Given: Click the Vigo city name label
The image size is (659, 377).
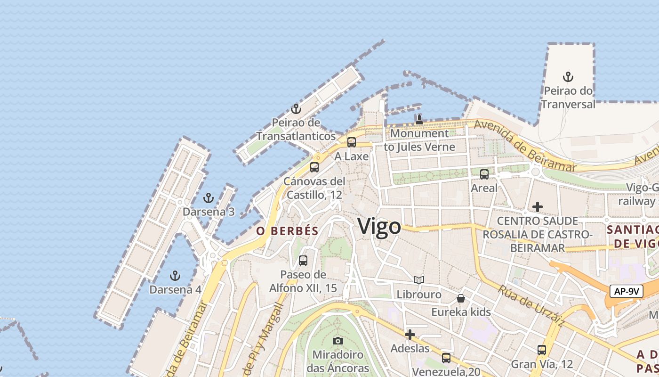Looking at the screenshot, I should [379, 227].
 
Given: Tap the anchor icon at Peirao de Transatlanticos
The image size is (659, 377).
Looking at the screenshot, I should [296, 109].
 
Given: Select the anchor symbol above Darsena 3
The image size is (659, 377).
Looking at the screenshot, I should [208, 198].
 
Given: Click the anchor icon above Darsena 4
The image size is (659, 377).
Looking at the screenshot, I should [175, 276].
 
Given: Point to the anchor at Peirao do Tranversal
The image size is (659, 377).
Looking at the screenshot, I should [568, 77].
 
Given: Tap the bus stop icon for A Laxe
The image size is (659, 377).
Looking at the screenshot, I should [352, 142].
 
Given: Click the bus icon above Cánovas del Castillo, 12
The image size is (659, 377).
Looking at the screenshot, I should [314, 167].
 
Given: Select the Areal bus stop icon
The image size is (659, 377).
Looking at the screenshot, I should [484, 174].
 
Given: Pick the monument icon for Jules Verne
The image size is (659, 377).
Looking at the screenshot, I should [419, 120].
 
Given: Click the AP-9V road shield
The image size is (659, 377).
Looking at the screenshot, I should [627, 291].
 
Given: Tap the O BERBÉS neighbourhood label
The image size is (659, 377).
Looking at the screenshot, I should [287, 231].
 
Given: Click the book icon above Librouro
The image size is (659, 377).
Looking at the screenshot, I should [419, 280].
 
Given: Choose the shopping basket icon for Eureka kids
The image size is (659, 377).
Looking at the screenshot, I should [461, 298].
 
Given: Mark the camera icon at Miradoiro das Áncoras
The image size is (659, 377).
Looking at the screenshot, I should [338, 341].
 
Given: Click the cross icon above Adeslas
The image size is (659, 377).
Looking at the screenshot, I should [410, 335].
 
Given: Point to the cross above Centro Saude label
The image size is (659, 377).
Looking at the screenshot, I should [537, 207].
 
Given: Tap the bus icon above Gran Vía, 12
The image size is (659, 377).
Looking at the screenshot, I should [542, 350].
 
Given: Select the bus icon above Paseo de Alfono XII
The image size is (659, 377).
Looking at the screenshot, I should [303, 261].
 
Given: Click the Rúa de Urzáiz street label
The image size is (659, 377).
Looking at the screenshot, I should [531, 306].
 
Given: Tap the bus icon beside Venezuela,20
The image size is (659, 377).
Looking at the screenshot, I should [446, 358].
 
